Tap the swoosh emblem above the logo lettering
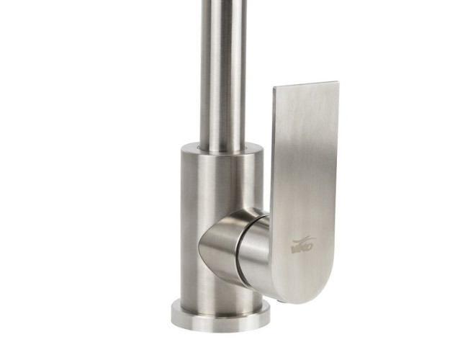point(303,241)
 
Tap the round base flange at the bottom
point(220,314)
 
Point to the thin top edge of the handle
point(305,85)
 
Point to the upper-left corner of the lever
point(275,91)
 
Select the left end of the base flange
point(174,311)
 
